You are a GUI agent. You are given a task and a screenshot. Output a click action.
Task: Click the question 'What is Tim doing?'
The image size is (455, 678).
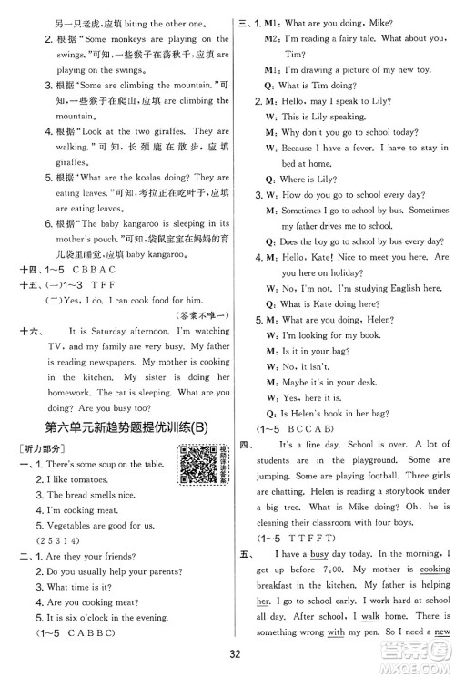314,84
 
